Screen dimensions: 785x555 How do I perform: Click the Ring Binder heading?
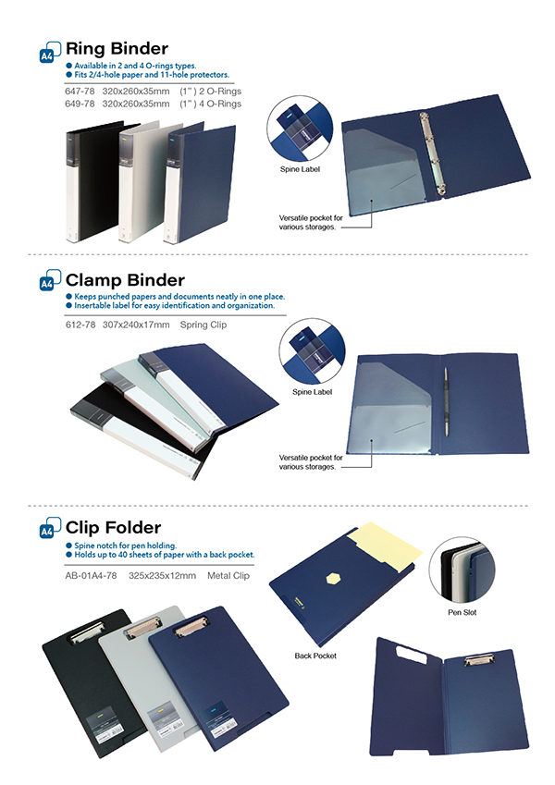117,48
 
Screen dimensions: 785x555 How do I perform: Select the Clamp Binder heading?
125,279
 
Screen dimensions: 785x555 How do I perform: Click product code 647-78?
80,92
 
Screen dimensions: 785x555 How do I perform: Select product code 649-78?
80,104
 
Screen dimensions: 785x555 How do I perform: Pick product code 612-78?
80,325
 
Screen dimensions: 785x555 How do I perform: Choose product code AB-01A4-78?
91,575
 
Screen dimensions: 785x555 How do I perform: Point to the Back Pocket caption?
315,656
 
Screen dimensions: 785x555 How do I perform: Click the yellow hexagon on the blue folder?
332,578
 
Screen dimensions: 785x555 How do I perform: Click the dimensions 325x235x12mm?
163,575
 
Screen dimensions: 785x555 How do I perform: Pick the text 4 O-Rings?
219,104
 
